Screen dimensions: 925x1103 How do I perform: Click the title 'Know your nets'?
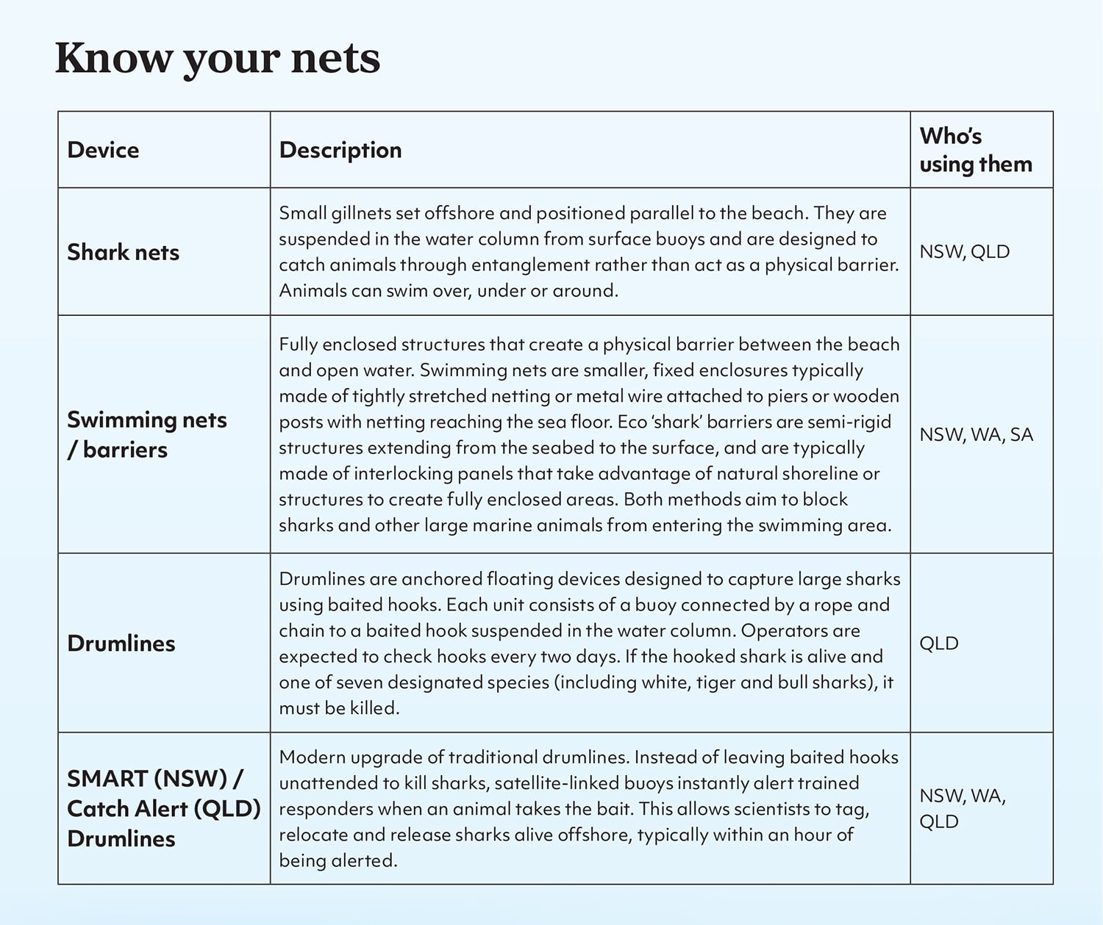(218, 59)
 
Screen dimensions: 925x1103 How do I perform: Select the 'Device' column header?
(103, 150)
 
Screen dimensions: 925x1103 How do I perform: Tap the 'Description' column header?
(340, 150)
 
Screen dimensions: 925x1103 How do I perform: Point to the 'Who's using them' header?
(976, 150)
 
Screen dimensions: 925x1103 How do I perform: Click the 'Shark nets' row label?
(124, 252)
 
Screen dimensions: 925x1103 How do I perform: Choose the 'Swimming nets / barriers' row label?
(146, 434)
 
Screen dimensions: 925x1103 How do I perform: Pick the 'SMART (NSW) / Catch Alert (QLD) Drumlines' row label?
(163, 808)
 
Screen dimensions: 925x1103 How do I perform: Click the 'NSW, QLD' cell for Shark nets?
(964, 251)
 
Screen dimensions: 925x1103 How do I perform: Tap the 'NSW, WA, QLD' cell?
(963, 808)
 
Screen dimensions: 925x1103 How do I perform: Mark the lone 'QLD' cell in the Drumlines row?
(939, 643)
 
